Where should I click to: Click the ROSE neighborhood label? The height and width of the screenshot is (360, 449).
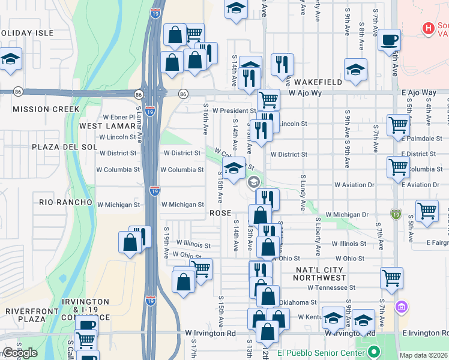pyautogui.click(x=220, y=214)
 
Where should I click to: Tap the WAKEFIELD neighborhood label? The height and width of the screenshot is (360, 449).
pyautogui.click(x=319, y=82)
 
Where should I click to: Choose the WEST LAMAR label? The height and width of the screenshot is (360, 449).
pyautogui.click(x=106, y=126)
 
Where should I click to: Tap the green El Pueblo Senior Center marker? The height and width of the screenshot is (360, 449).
pyautogui.click(x=374, y=352)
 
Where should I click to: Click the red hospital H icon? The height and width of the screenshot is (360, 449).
pyautogui.click(x=428, y=28)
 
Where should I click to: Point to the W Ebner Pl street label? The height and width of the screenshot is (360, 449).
pyautogui.click(x=119, y=117)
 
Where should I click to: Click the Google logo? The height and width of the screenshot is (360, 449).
pyautogui.click(x=20, y=353)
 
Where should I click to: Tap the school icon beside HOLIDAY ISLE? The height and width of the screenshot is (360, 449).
pyautogui.click(x=10, y=59)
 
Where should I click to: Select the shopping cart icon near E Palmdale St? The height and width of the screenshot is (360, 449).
pyautogui.click(x=398, y=125)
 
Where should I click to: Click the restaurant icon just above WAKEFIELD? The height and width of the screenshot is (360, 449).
pyautogui.click(x=282, y=64)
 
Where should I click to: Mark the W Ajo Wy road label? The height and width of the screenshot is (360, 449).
pyautogui.click(x=309, y=93)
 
